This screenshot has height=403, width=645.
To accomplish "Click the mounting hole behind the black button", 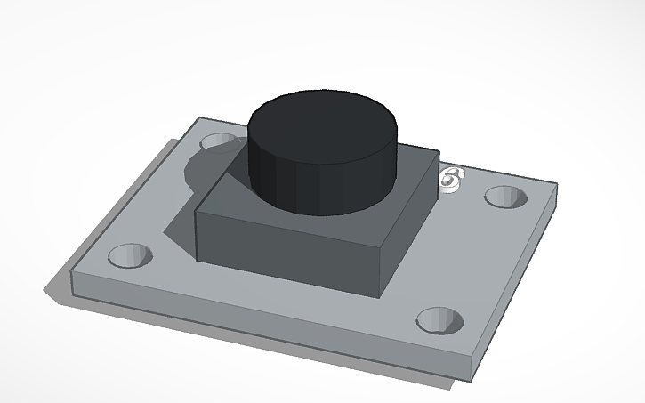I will point(217,141).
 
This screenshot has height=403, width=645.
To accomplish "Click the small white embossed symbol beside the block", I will point(452,179).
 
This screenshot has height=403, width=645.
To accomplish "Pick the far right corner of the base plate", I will point(557,186).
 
